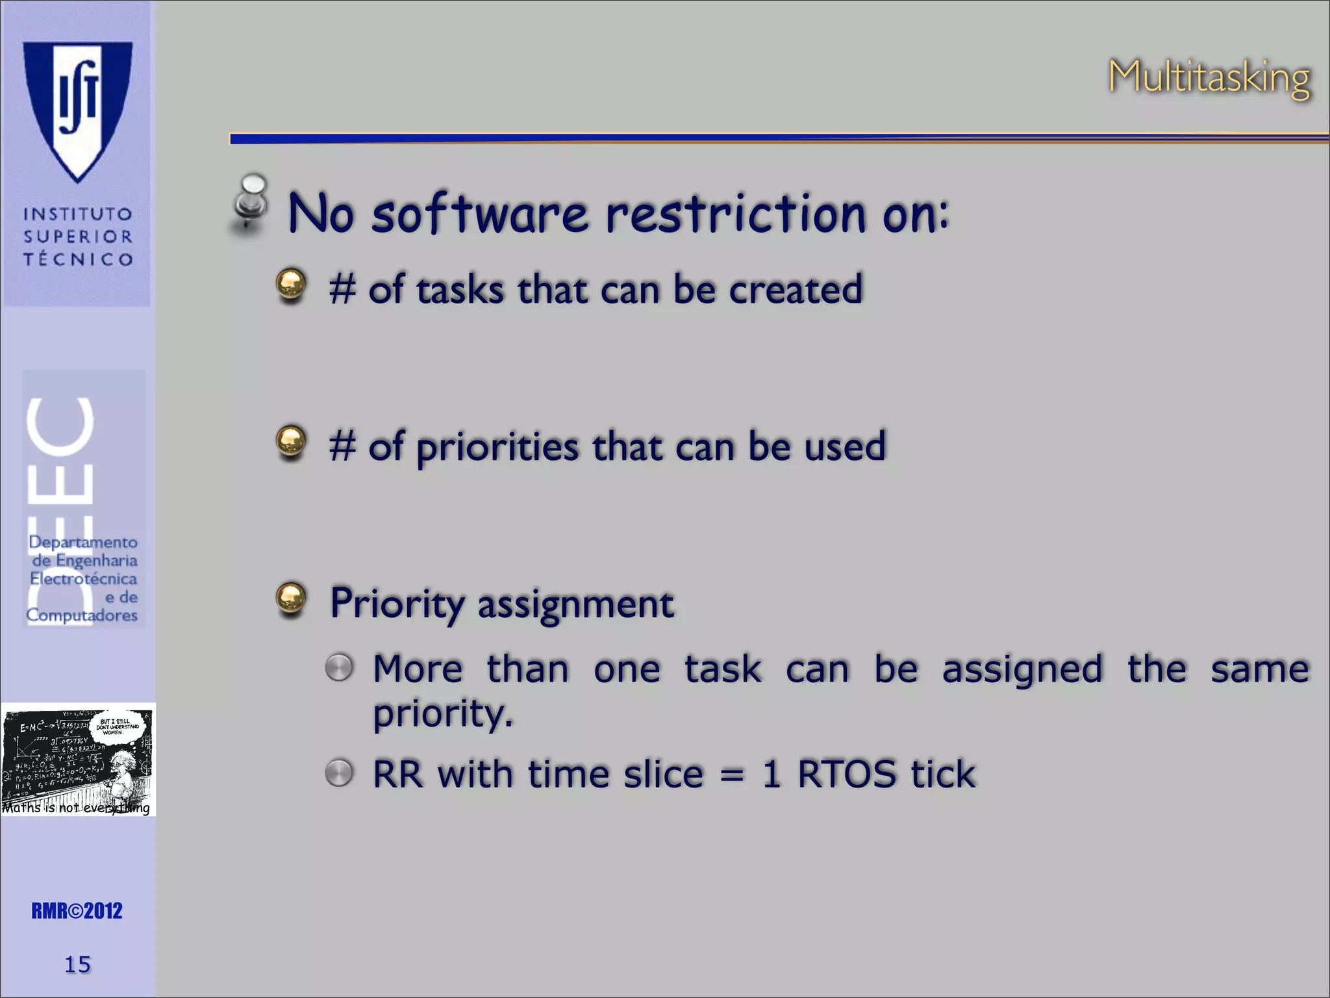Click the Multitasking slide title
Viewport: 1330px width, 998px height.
coord(1209,78)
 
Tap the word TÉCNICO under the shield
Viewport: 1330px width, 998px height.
coord(79,259)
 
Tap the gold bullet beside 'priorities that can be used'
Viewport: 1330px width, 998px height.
coord(290,442)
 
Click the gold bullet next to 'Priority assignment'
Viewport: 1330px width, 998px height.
coord(290,598)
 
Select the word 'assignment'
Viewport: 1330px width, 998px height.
coord(575,604)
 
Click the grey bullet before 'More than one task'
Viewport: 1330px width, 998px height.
coord(339,667)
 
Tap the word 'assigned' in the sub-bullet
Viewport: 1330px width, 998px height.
coord(1022,669)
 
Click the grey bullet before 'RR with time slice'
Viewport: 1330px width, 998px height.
coord(339,773)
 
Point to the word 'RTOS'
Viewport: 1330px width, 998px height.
coord(846,774)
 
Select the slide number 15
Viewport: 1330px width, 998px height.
coord(77,964)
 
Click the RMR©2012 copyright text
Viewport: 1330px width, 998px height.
coord(77,911)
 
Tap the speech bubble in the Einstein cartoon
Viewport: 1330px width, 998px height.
coord(117,726)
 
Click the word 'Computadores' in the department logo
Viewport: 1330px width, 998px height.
coord(82,615)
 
